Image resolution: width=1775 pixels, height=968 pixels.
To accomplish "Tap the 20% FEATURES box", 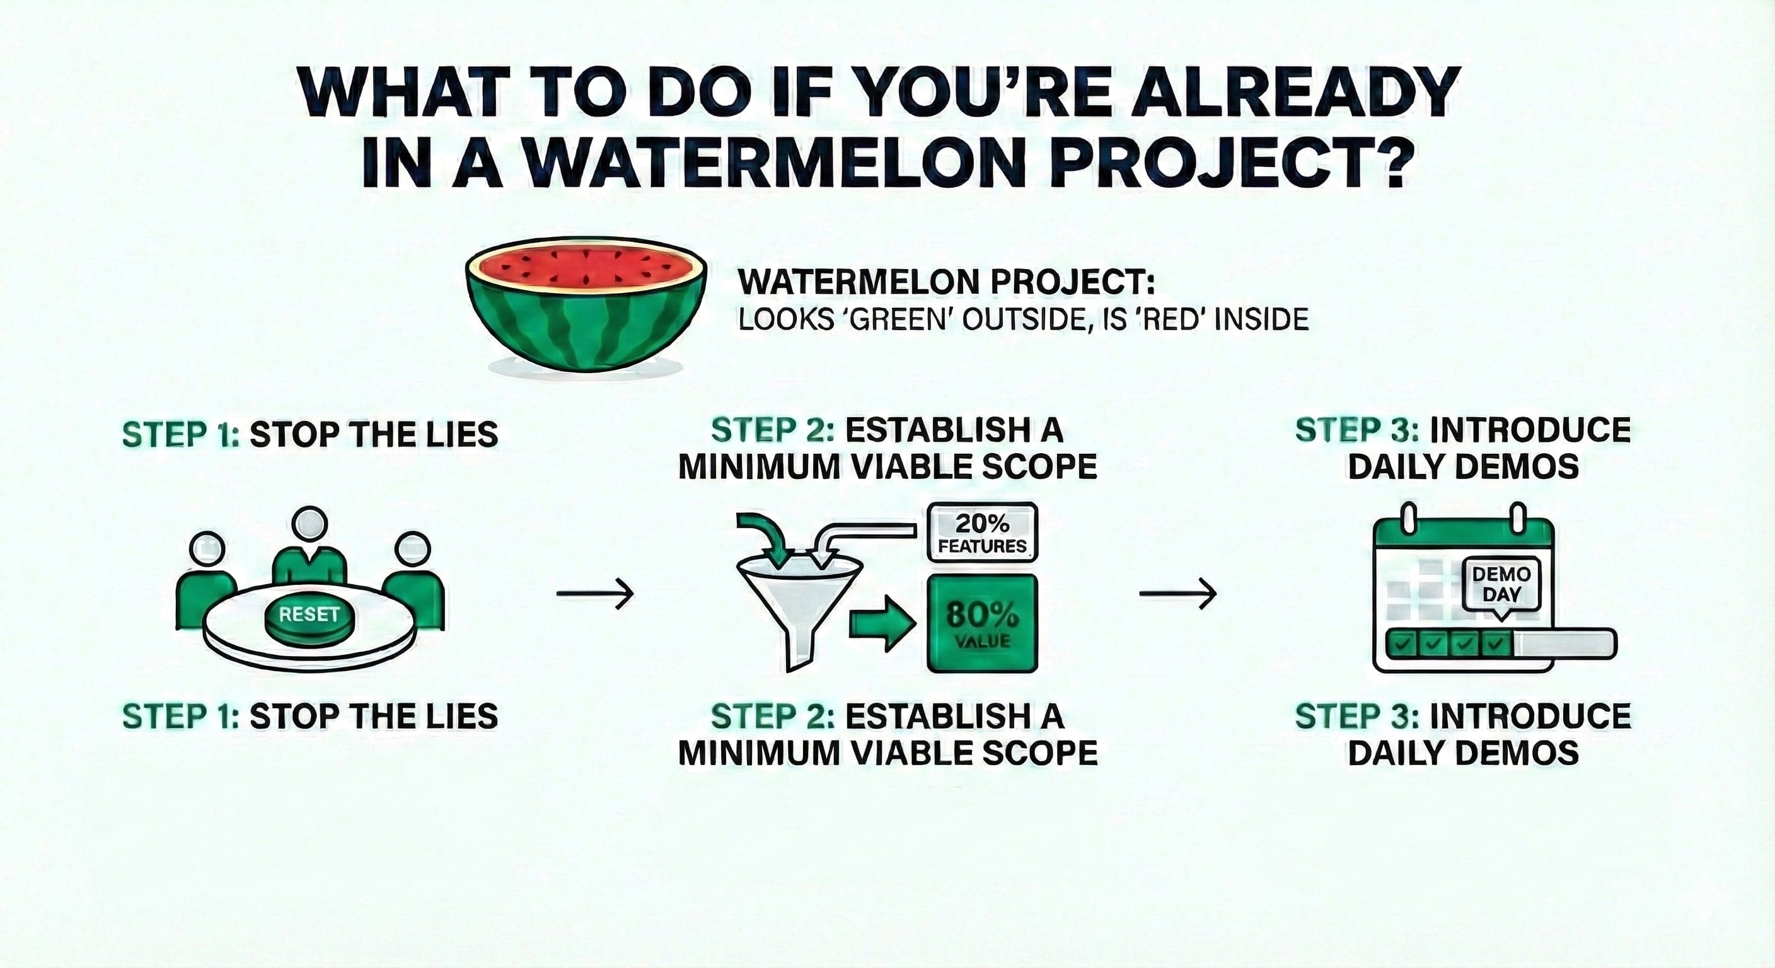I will [x=982, y=535].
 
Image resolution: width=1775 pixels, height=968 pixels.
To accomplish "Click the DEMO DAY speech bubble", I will [x=1501, y=584].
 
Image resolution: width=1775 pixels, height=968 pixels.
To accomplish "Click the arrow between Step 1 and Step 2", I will [x=594, y=592].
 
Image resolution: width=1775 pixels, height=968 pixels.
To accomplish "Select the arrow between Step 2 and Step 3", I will [x=1177, y=592].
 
